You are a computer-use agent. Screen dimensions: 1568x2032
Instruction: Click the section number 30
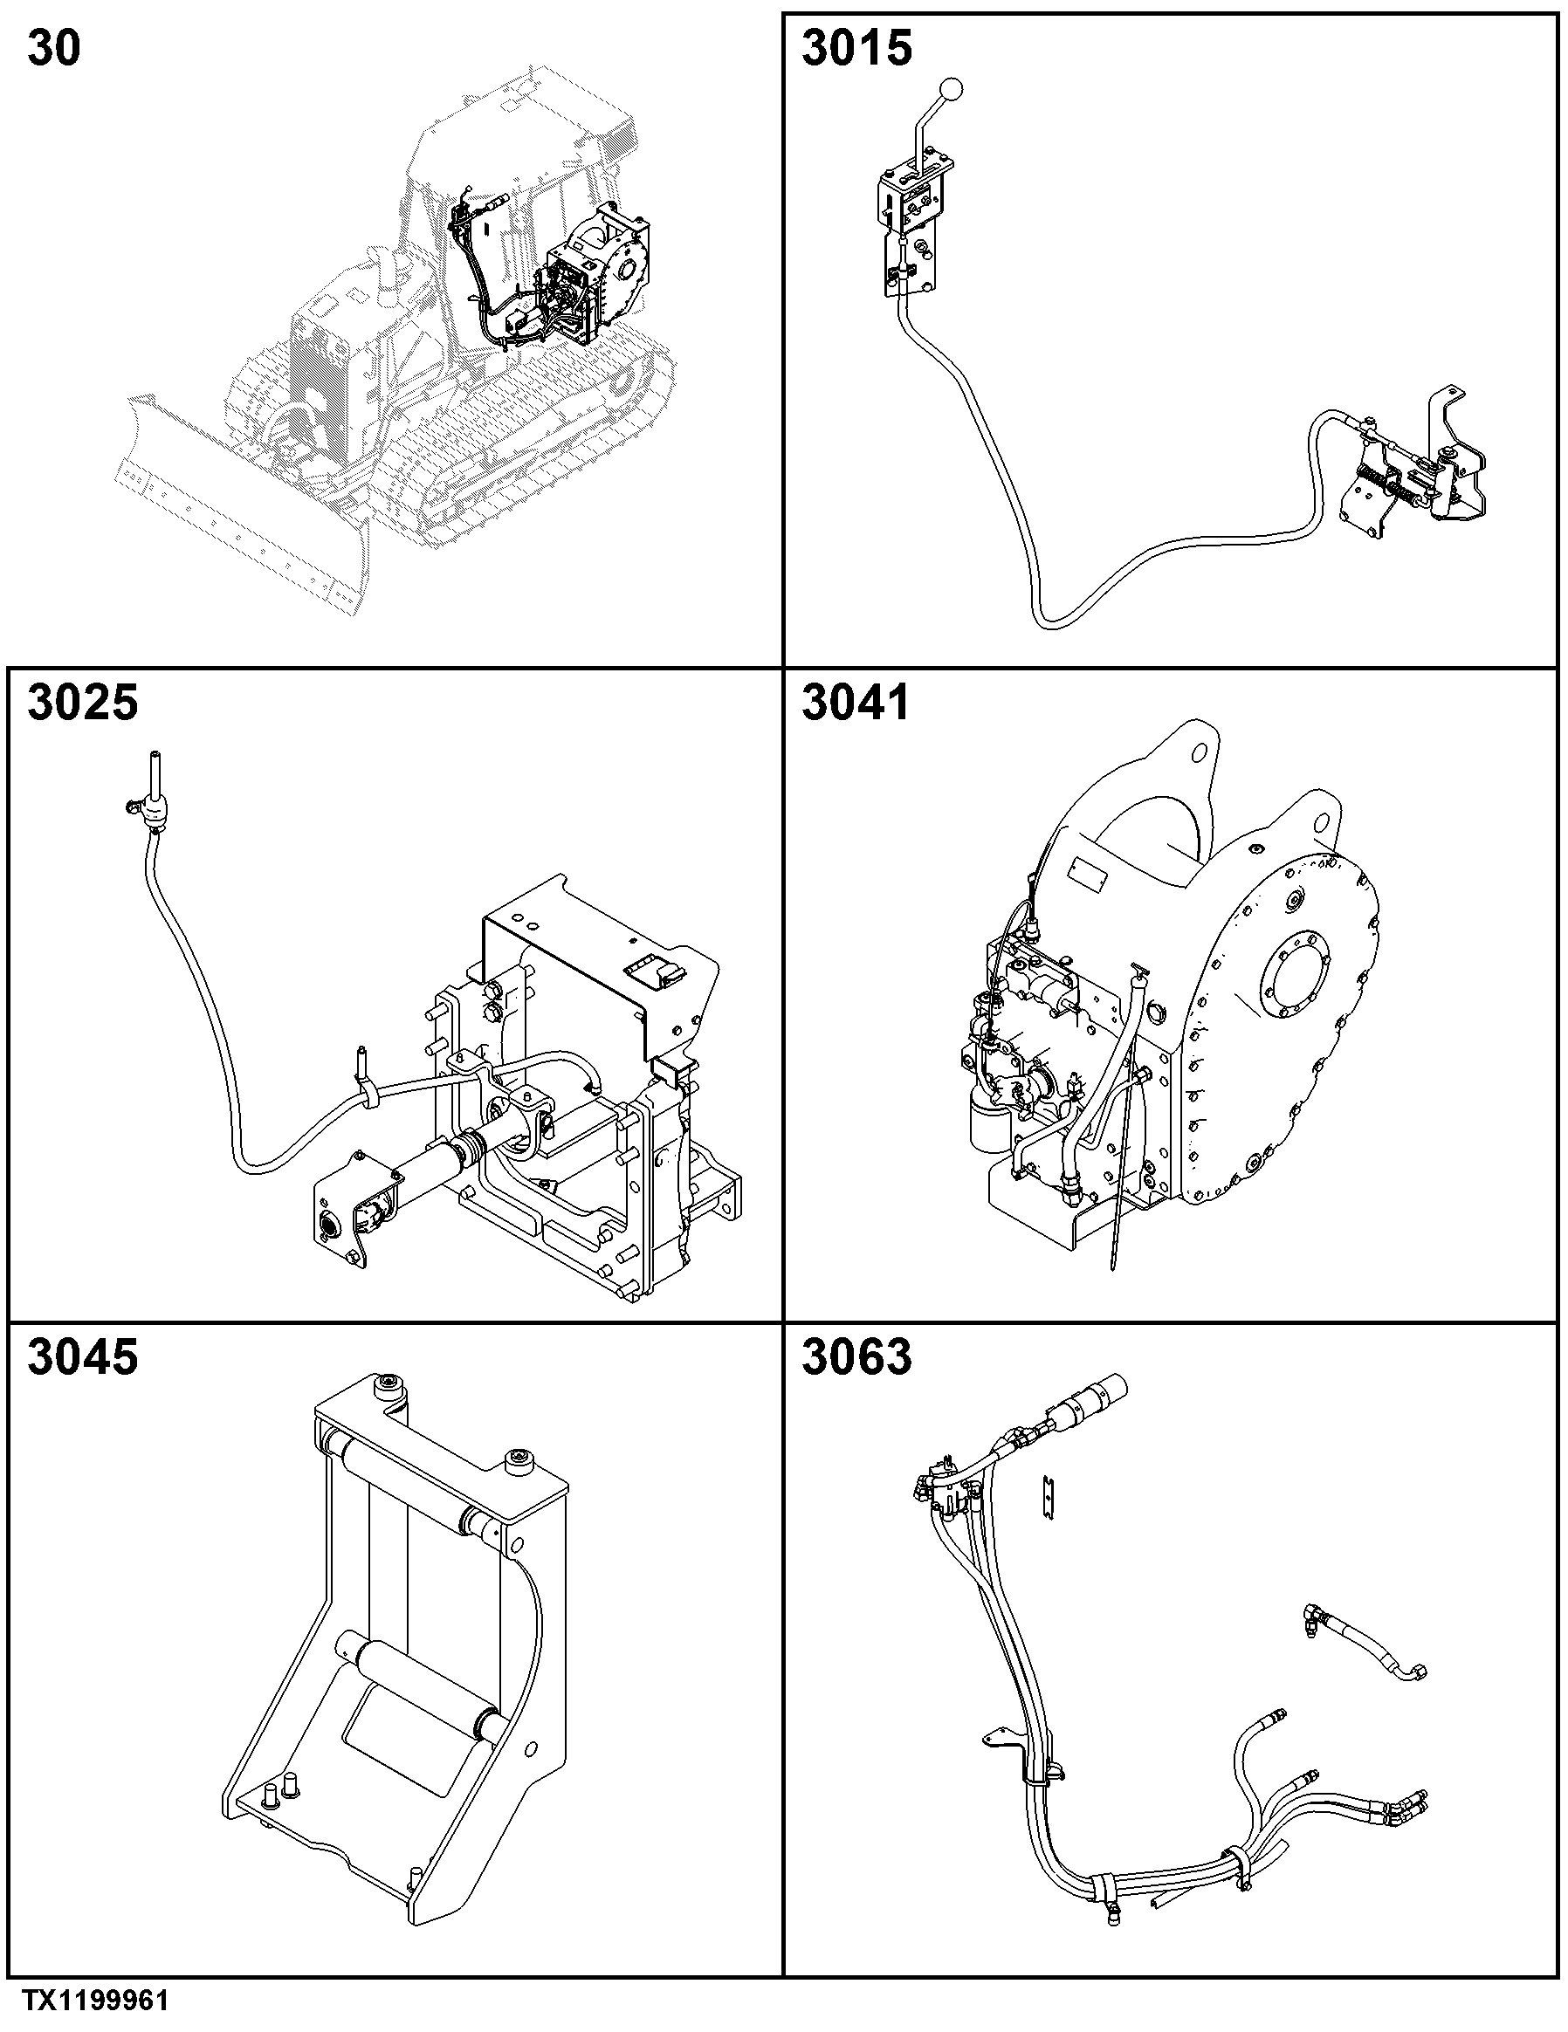click(54, 47)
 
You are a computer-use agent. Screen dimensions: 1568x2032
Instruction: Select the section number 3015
click(856, 47)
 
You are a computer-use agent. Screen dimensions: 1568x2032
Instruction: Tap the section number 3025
click(83, 703)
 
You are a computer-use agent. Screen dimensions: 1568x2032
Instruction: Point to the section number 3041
click(856, 703)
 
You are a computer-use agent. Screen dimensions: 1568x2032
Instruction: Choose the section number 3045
click(83, 1356)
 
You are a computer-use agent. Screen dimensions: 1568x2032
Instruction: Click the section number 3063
click(856, 1356)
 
